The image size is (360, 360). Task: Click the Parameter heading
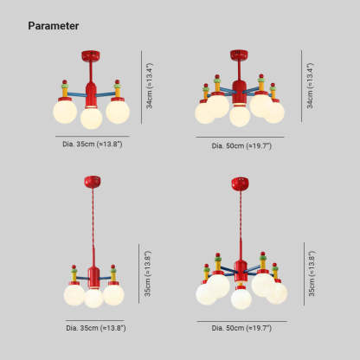click(x=54, y=26)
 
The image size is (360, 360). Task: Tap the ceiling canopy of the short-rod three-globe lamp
click(x=91, y=55)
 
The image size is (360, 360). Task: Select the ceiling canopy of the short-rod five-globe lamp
click(x=239, y=55)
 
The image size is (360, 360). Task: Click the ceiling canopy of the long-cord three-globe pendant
click(x=93, y=182)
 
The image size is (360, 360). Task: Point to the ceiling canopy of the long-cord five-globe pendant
click(x=241, y=183)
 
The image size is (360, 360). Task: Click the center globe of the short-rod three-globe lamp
click(x=91, y=118)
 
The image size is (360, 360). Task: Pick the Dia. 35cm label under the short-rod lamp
click(x=93, y=144)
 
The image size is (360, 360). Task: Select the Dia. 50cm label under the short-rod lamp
click(x=241, y=145)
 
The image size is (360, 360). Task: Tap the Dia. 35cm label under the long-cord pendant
click(x=96, y=328)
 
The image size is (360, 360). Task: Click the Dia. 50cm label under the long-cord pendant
click(x=241, y=328)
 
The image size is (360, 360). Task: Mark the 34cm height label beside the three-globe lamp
click(x=150, y=86)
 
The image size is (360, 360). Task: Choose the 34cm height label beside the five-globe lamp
click(x=310, y=86)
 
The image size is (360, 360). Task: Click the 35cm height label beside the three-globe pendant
click(x=148, y=273)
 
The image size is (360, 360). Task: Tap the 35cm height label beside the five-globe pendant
click(x=312, y=273)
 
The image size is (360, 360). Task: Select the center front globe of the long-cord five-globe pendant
click(x=241, y=299)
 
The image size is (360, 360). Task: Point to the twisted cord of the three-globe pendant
click(x=93, y=227)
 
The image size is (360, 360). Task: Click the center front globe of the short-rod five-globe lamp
click(x=240, y=116)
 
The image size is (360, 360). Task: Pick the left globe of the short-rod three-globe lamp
click(x=65, y=112)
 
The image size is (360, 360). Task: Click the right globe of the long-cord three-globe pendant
click(x=113, y=295)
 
